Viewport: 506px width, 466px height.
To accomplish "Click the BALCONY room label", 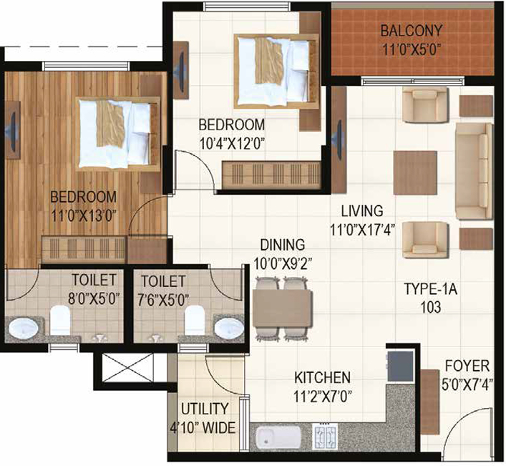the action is coord(411,31).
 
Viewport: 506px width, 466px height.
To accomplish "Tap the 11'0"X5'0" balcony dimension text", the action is coord(412,50).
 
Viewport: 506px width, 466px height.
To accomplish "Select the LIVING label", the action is coord(362,210).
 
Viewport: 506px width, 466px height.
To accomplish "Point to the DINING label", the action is coord(283,245).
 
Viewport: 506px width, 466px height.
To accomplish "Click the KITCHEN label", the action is coord(322,377).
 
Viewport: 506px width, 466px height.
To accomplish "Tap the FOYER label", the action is coord(467,366).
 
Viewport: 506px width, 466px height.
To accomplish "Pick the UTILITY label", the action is coord(205,409).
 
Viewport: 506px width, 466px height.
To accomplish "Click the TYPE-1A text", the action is coord(430,288).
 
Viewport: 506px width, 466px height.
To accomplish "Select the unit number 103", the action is coord(430,307).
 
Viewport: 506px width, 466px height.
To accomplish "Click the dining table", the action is coord(283,309).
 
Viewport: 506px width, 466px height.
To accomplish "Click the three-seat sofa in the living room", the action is coord(474,171).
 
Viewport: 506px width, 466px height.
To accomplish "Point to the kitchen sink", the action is coord(278,437).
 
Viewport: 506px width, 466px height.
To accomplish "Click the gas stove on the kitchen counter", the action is coord(325,437).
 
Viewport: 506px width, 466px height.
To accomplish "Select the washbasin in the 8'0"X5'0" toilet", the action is coord(23,328).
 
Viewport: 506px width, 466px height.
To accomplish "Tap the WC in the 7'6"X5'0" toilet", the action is coord(195,320).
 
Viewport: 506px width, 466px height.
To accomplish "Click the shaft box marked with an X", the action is coord(127,368).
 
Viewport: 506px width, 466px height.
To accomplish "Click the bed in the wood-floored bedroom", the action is coord(118,133).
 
